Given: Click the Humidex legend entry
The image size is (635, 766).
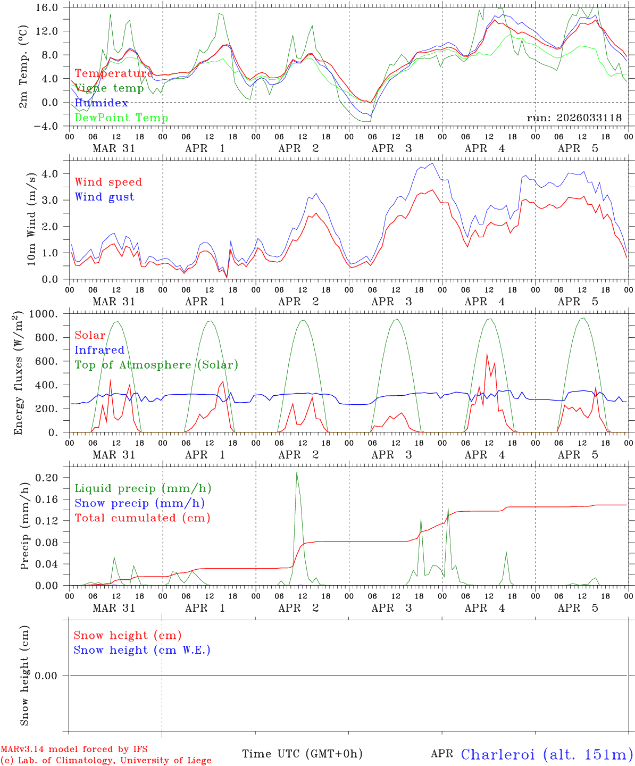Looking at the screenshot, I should click(101, 103).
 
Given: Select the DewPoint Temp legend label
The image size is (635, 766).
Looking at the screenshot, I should click(121, 118).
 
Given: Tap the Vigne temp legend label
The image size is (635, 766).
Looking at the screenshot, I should click(109, 88).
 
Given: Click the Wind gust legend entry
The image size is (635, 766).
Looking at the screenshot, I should click(104, 197).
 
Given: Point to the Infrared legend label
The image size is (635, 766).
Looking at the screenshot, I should click(99, 350).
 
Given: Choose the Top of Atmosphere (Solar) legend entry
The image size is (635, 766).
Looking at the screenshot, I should click(156, 365).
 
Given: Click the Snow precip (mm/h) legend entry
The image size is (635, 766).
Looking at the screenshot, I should click(139, 503).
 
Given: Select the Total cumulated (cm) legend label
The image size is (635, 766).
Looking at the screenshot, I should click(142, 518).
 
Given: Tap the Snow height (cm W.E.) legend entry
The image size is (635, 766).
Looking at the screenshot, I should click(142, 650).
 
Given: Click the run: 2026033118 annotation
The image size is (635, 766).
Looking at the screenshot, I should click(574, 118).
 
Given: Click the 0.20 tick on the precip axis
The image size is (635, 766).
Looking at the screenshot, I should click(47, 478).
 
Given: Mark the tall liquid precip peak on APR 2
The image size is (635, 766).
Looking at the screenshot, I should click(297, 473).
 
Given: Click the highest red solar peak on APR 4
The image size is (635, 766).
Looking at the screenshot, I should click(487, 354).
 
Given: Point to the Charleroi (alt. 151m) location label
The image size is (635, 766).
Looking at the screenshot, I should click(547, 754).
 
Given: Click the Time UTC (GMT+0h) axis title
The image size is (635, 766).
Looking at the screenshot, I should click(302, 754).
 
